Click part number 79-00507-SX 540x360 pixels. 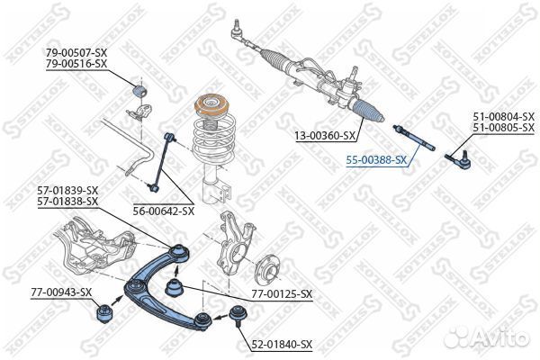(76, 53)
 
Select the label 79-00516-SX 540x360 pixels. (76, 64)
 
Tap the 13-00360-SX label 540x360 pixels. (325, 136)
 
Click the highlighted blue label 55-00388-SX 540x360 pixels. (376, 160)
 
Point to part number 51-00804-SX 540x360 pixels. (503, 116)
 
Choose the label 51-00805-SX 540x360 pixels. (503, 128)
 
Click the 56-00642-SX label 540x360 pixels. (164, 211)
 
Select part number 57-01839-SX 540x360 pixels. (67, 190)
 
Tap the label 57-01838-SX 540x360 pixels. (67, 202)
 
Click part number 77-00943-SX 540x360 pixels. (61, 292)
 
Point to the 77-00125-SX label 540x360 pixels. (282, 294)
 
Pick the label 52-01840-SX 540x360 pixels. (282, 345)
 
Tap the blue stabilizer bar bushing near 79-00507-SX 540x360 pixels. (139, 90)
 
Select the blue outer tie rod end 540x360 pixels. (458, 159)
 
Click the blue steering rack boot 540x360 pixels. (368, 111)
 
